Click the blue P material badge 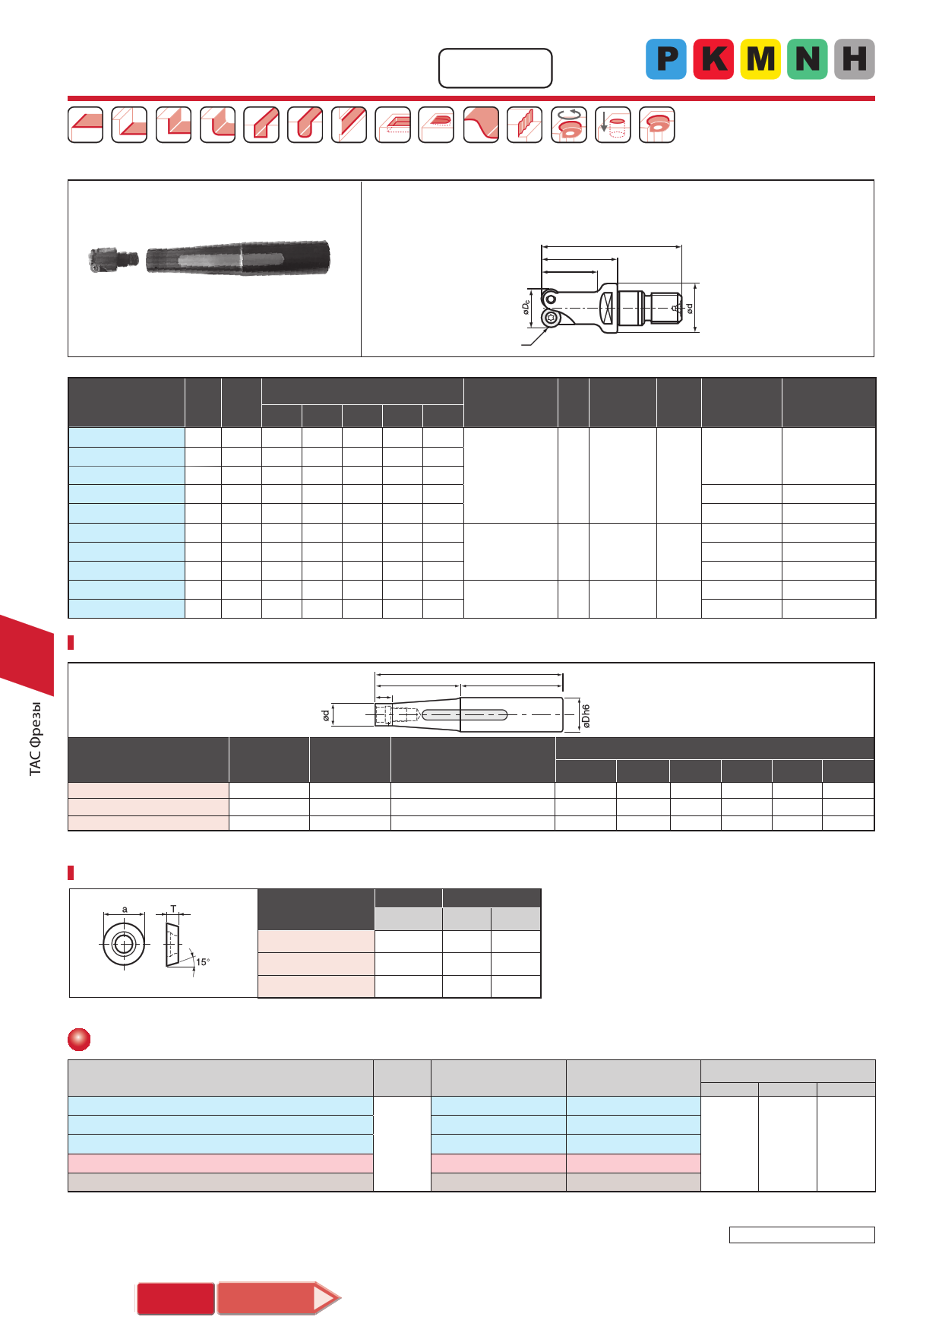pyautogui.click(x=665, y=59)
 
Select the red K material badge pyautogui.click(x=713, y=59)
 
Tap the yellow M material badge pyautogui.click(x=760, y=59)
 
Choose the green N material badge pyautogui.click(x=808, y=59)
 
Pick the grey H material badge pyautogui.click(x=855, y=59)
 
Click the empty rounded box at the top pyautogui.click(x=495, y=68)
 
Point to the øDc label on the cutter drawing pyautogui.click(x=526, y=307)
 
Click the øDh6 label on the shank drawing pyautogui.click(x=586, y=716)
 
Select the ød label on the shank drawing pyautogui.click(x=325, y=715)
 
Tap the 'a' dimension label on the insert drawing pyautogui.click(x=125, y=909)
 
